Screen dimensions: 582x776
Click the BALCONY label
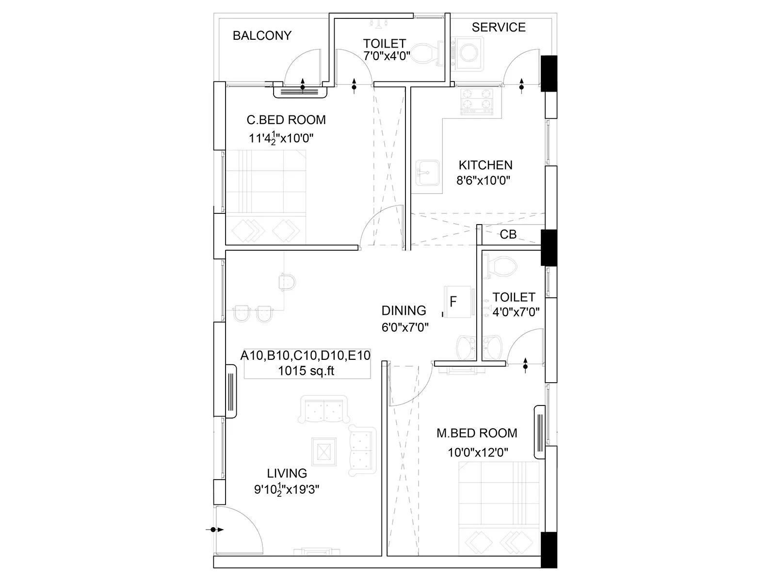point(262,35)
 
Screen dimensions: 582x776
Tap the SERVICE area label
point(498,27)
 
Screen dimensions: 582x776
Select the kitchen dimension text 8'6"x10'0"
point(483,181)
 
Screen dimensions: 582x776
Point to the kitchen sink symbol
point(427,173)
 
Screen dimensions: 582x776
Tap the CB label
point(508,234)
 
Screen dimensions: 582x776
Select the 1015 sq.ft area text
point(306,371)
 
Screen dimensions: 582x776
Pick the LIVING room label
point(287,473)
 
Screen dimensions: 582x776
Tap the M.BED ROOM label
point(476,433)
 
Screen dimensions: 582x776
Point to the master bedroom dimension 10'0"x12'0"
point(478,453)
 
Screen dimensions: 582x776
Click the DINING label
point(404,310)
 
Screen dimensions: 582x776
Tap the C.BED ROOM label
point(286,120)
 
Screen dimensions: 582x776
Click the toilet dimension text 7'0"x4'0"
point(387,56)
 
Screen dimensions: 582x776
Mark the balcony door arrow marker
point(303,85)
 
